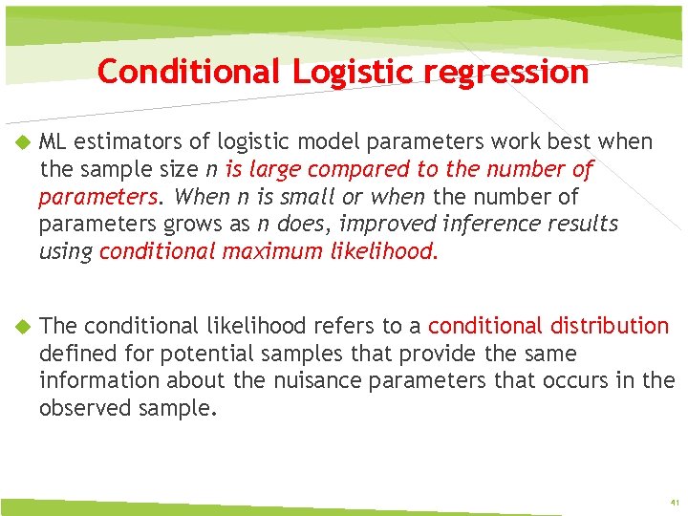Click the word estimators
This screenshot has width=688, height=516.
click(x=118, y=142)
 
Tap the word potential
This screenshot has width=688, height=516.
click(x=200, y=354)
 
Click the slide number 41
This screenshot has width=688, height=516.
click(x=674, y=502)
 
